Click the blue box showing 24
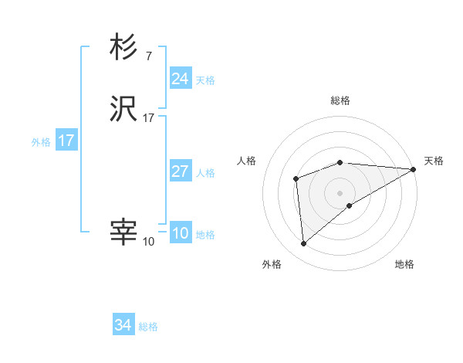coord(180,79)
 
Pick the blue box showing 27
coord(180,171)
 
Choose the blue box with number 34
coord(123,325)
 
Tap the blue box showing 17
coord(66,141)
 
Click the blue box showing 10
coord(180,233)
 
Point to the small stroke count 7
coord(148,56)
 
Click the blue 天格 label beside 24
coord(205,80)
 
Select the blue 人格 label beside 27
coord(205,173)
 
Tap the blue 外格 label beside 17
coord(41,142)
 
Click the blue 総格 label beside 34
coord(148,327)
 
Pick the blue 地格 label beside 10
coord(205,235)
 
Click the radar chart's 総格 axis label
coord(340,100)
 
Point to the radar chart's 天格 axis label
coord(434,161)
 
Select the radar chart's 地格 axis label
coord(404,264)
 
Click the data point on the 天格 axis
coord(414,169)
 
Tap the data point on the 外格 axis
coord(304,244)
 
